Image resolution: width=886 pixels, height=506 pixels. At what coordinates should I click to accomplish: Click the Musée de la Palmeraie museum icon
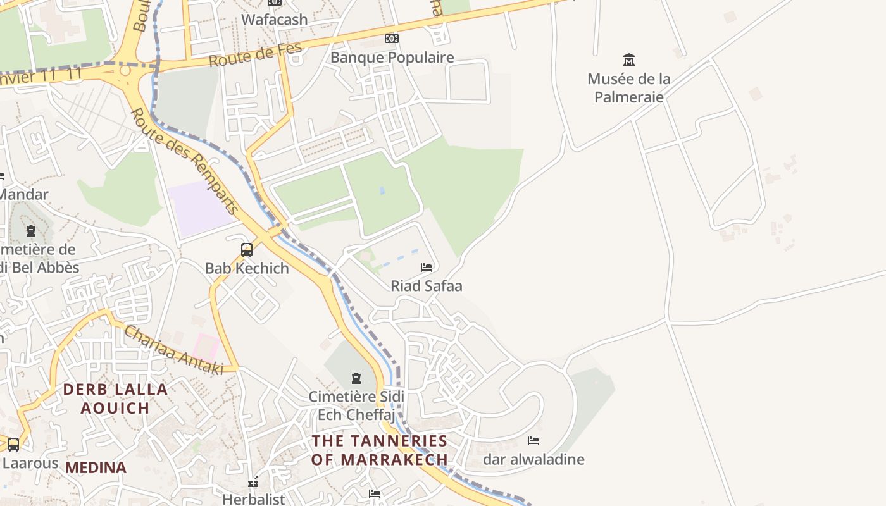(x=629, y=60)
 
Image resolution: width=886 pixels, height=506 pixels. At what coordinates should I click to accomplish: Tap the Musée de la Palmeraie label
(x=629, y=88)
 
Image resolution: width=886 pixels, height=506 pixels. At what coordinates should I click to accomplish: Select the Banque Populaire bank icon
(x=392, y=39)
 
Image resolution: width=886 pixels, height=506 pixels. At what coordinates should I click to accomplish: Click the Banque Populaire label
(x=392, y=58)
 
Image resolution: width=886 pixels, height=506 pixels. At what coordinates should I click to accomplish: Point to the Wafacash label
(x=275, y=20)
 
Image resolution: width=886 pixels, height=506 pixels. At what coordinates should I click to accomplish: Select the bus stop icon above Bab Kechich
(x=247, y=250)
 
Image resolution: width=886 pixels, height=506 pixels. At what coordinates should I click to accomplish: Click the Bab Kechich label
(x=247, y=268)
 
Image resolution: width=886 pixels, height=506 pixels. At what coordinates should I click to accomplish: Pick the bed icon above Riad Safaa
(x=427, y=268)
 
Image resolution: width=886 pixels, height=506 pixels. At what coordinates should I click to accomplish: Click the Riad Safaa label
(x=427, y=286)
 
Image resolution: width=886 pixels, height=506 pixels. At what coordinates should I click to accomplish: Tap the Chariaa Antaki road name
(x=173, y=350)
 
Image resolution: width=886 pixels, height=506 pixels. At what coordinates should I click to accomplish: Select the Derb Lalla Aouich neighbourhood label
(x=115, y=398)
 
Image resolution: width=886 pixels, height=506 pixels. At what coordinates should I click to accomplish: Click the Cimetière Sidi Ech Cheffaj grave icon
(x=356, y=378)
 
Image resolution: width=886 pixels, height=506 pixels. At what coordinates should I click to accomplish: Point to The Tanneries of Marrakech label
(x=379, y=450)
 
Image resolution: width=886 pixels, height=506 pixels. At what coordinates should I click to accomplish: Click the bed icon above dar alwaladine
(x=533, y=441)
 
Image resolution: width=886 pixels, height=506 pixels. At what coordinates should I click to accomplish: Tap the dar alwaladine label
(x=533, y=459)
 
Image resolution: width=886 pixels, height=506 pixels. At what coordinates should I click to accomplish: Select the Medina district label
(x=96, y=468)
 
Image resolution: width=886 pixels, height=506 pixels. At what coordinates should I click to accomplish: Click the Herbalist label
(x=254, y=499)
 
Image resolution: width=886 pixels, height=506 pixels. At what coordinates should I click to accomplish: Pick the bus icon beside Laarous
(x=13, y=445)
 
